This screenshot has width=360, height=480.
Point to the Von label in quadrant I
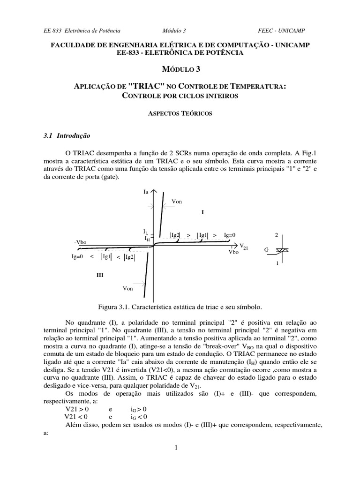[177, 201]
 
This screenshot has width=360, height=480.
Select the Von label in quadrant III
[127, 288]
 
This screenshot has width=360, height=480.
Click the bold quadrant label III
[99, 276]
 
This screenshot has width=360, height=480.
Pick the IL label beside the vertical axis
[146, 232]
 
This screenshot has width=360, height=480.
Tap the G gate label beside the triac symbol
[266, 250]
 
